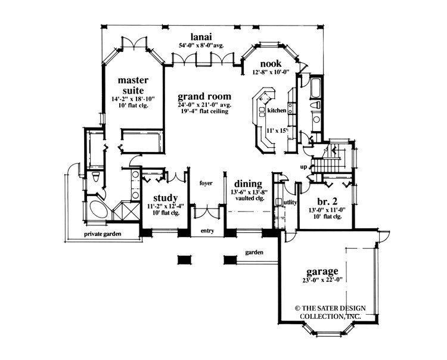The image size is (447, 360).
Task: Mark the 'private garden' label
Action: (103, 234)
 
